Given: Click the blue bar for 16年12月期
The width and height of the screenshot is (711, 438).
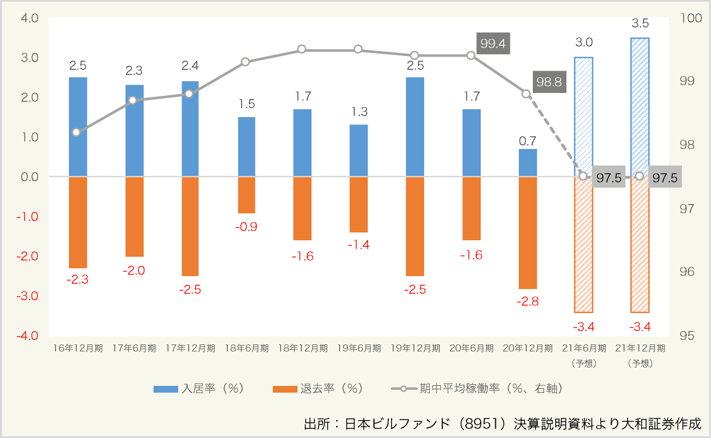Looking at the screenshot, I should pos(78,127).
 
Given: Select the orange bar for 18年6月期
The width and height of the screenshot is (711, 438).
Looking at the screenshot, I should pos(247,195).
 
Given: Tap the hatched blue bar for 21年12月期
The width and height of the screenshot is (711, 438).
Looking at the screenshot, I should pos(640,106).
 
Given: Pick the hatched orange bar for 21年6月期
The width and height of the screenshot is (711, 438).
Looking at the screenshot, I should pos(583,244).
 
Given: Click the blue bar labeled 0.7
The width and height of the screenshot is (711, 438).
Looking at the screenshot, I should pos(527,163).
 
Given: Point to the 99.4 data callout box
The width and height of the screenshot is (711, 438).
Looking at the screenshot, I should pos(494,43).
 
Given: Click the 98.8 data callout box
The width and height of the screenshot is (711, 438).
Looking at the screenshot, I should pos(549,81).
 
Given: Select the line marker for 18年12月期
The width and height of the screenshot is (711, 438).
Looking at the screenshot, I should pos(301,49).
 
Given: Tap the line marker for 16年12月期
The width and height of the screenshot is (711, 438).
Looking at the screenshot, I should pos(76,132).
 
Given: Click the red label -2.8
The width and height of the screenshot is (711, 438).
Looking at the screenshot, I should pos(527,301).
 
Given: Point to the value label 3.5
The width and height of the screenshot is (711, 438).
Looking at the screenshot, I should pos(639,24).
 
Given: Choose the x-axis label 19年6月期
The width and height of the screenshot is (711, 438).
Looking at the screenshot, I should pos(359,348).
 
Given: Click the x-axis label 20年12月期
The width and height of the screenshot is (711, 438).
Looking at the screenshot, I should pos(527,348).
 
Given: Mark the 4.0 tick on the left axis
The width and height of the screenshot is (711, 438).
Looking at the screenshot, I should pos(29,18).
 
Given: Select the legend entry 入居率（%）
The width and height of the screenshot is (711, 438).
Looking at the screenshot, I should pos(199,388).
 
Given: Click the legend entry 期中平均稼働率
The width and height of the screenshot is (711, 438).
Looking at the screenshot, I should pos(476,388).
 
